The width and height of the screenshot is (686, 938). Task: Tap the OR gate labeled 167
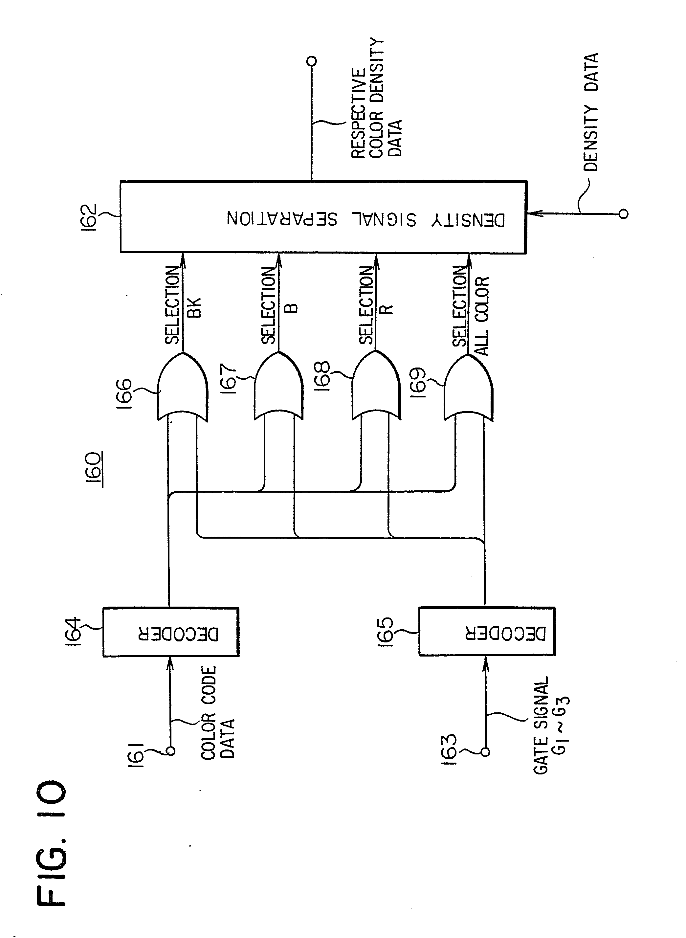278,386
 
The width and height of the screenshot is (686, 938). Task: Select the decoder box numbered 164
171,632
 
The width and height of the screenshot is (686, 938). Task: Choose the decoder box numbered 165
487,632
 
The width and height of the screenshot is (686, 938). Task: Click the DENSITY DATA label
590,112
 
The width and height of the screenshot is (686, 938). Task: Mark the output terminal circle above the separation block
311,61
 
